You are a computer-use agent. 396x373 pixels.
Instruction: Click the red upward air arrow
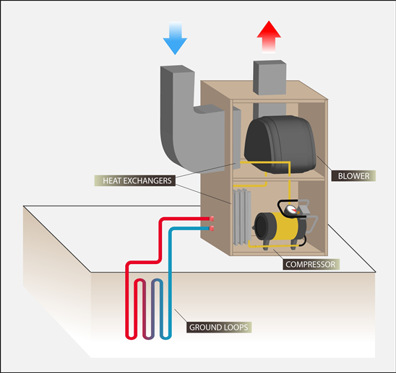click(269, 37)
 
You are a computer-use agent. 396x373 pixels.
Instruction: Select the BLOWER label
click(353, 176)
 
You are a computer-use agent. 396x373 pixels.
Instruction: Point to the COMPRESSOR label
click(311, 264)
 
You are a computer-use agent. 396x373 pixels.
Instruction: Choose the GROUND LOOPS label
click(219, 328)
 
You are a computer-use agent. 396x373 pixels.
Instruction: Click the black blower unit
click(280, 144)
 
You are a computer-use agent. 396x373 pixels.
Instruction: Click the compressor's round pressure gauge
click(291, 210)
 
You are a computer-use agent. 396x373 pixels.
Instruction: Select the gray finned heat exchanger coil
click(242, 217)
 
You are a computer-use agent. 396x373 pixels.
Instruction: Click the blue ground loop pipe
click(170, 283)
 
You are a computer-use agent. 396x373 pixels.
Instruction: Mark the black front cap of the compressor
click(262, 227)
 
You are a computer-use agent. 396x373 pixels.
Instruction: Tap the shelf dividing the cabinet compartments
click(278, 179)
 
